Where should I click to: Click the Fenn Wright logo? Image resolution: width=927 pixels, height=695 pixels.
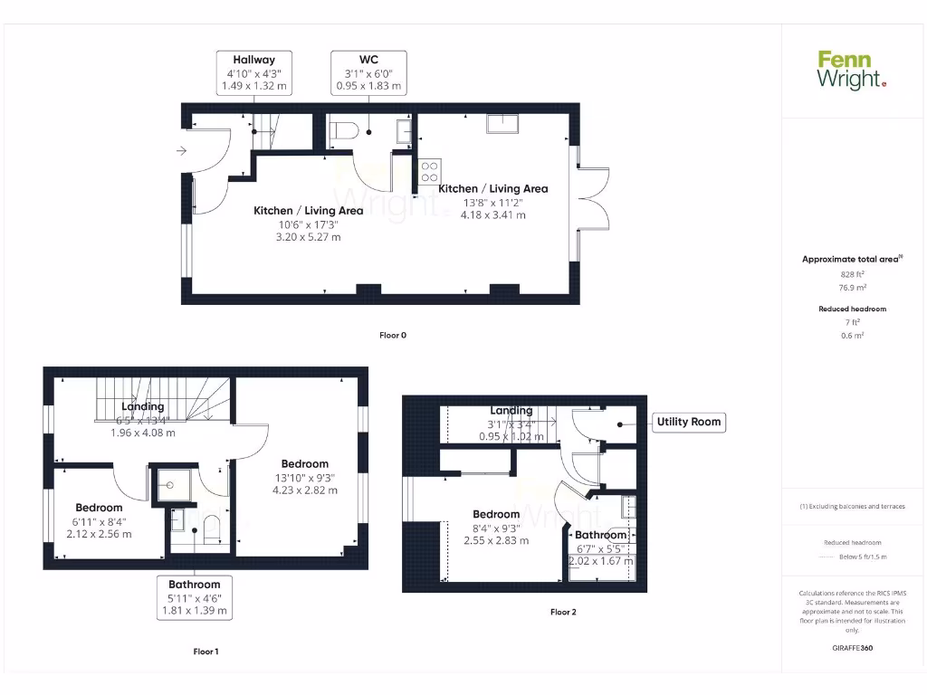852,70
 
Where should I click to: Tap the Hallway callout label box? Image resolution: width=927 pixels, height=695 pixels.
254,72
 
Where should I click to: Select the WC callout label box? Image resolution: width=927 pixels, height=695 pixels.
368,72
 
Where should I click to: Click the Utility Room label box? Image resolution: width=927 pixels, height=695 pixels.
688,422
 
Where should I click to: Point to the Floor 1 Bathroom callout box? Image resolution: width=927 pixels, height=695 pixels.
195,598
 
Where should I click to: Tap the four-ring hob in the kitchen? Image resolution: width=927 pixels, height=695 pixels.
430,171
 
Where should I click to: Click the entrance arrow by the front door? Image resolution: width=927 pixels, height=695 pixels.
182,151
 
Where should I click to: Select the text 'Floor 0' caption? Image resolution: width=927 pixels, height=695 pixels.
393,335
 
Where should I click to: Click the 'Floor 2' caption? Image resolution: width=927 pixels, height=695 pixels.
563,612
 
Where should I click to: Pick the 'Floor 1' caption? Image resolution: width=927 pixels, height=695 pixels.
206,651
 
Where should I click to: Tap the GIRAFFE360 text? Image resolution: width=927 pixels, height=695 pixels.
853,648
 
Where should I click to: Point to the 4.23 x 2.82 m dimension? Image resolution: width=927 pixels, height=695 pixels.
304,490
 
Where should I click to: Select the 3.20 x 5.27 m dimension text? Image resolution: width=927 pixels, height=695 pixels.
308,237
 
